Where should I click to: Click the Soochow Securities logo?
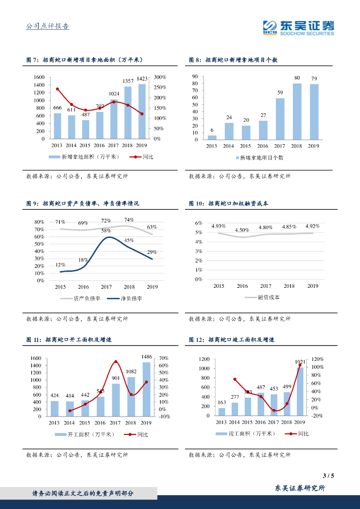[298, 28]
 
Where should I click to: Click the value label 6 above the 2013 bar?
[212, 130]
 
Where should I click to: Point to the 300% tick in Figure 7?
[160, 77]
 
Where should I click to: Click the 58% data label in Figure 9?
[106, 231]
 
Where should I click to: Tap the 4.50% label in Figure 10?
[242, 230]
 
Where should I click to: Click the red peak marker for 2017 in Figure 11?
[116, 362]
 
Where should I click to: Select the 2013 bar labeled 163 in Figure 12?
[222, 412]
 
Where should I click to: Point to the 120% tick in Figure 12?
[318, 358]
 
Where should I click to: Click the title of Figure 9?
[83, 203]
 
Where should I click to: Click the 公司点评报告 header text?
[47, 26]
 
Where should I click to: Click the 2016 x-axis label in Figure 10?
[242, 286]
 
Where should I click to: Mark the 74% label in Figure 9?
[129, 220]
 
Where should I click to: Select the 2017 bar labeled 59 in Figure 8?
[280, 119]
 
